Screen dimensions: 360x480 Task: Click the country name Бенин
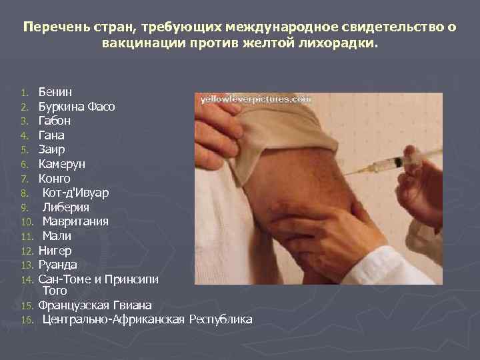click(x=55, y=92)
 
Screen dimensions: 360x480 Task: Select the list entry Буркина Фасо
click(x=77, y=107)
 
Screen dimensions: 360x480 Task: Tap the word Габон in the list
click(x=55, y=121)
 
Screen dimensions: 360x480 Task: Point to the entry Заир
click(x=51, y=150)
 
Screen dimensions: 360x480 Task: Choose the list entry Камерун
click(x=61, y=164)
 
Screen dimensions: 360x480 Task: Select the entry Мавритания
click(x=75, y=221)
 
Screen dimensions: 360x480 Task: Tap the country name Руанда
click(x=57, y=265)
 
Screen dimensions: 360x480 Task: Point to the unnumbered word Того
click(x=55, y=291)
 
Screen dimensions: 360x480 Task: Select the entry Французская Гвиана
click(x=95, y=305)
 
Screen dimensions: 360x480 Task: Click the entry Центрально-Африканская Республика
click(x=147, y=320)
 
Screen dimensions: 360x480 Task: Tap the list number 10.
click(x=26, y=222)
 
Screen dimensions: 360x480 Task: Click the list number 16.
click(x=26, y=321)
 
